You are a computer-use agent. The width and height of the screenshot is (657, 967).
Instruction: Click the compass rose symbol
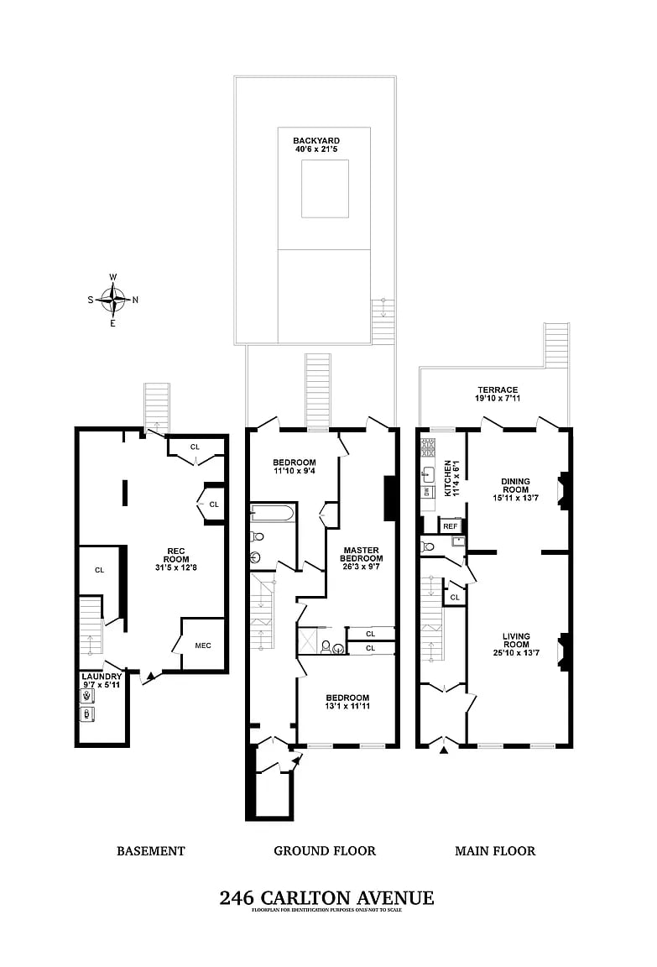tap(113, 299)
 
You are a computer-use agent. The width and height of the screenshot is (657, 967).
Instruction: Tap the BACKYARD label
tap(313, 140)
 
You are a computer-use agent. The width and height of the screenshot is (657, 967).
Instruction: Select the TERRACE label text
tap(498, 389)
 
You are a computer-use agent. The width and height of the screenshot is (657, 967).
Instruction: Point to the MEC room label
tap(202, 645)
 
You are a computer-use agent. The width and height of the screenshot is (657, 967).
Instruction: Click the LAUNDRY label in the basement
tap(102, 677)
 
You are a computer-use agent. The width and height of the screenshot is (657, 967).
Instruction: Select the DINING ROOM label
tap(515, 485)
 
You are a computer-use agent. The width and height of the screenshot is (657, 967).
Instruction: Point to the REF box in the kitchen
tap(451, 526)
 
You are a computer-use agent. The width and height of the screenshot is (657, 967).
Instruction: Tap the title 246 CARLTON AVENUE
tap(326, 898)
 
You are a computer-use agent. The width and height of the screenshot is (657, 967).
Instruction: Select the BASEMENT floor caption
tap(150, 851)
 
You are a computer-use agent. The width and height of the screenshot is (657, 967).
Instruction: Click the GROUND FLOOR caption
tap(325, 851)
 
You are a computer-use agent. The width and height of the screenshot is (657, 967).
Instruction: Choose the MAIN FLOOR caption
tap(495, 851)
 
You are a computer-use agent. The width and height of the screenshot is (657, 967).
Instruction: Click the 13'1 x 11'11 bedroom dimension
tap(347, 706)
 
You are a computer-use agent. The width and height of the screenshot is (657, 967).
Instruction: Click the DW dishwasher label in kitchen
tap(427, 491)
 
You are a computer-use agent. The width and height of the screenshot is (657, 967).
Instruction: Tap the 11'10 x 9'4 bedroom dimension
tap(295, 472)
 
